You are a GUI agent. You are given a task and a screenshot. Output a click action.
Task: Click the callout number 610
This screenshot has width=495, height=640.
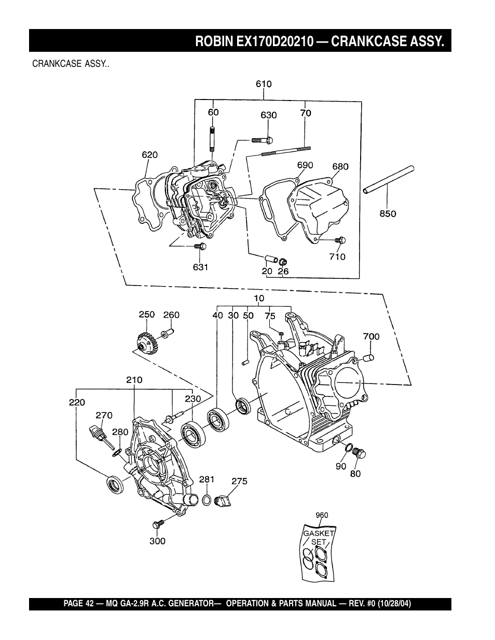[264, 84]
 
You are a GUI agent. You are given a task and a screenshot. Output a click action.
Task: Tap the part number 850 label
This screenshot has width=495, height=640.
[388, 214]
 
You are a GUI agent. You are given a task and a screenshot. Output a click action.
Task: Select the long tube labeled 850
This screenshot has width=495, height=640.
[389, 180]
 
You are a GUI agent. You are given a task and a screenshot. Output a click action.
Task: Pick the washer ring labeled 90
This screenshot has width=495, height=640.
[348, 447]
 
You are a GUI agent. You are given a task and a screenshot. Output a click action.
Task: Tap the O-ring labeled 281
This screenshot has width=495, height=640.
[207, 500]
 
